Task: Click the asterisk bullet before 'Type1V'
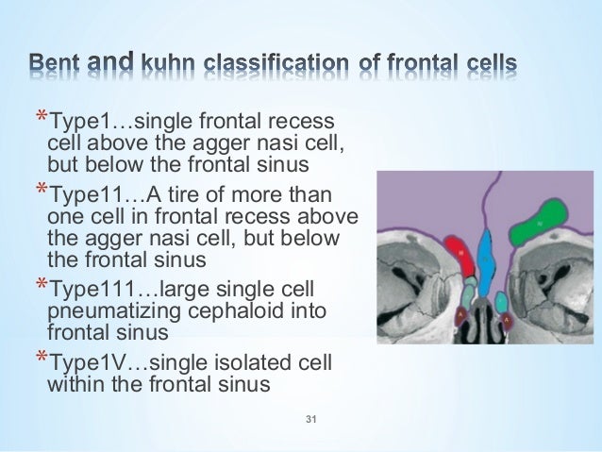40,358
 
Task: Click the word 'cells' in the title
488,64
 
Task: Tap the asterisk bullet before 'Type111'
40,284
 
